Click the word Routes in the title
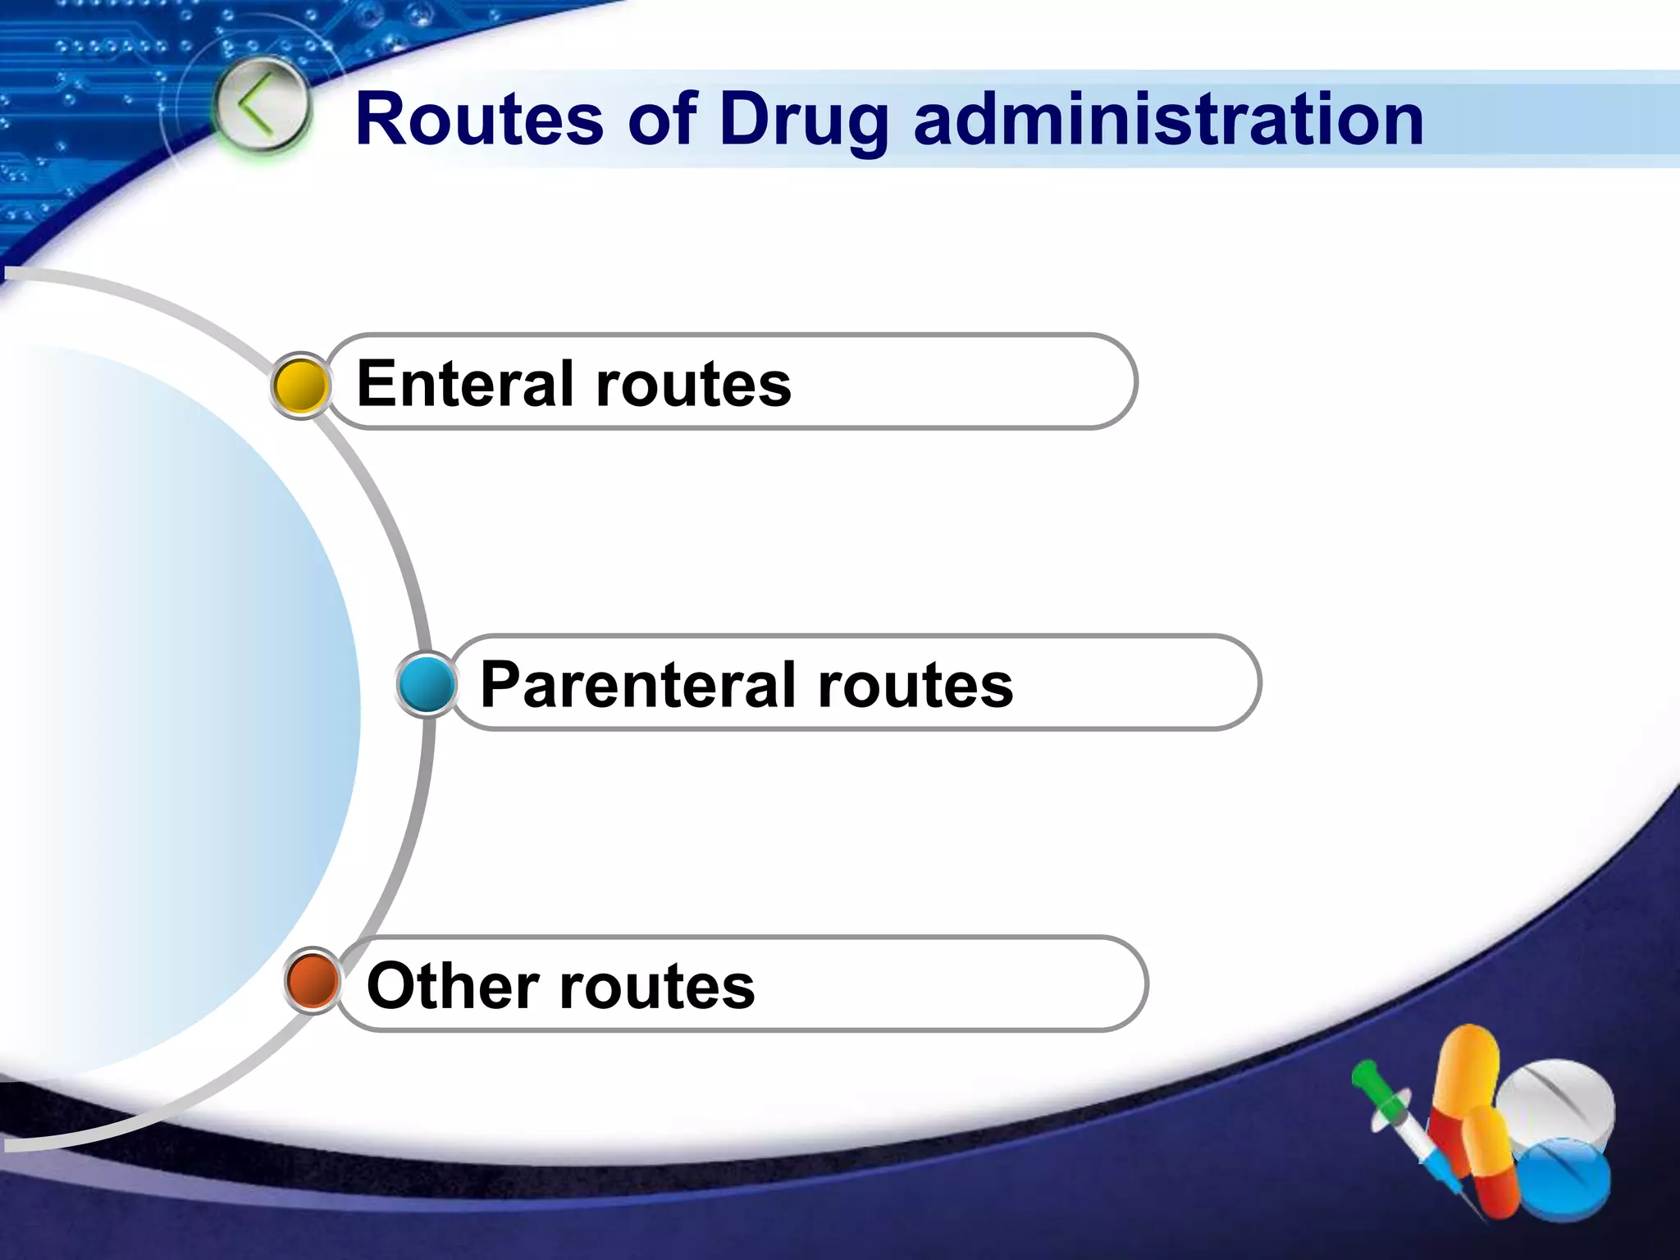pos(480,121)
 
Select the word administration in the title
pos(1168,121)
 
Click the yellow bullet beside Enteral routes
pos(300,386)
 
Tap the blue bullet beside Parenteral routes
pos(426,684)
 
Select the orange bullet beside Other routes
pos(313,980)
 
